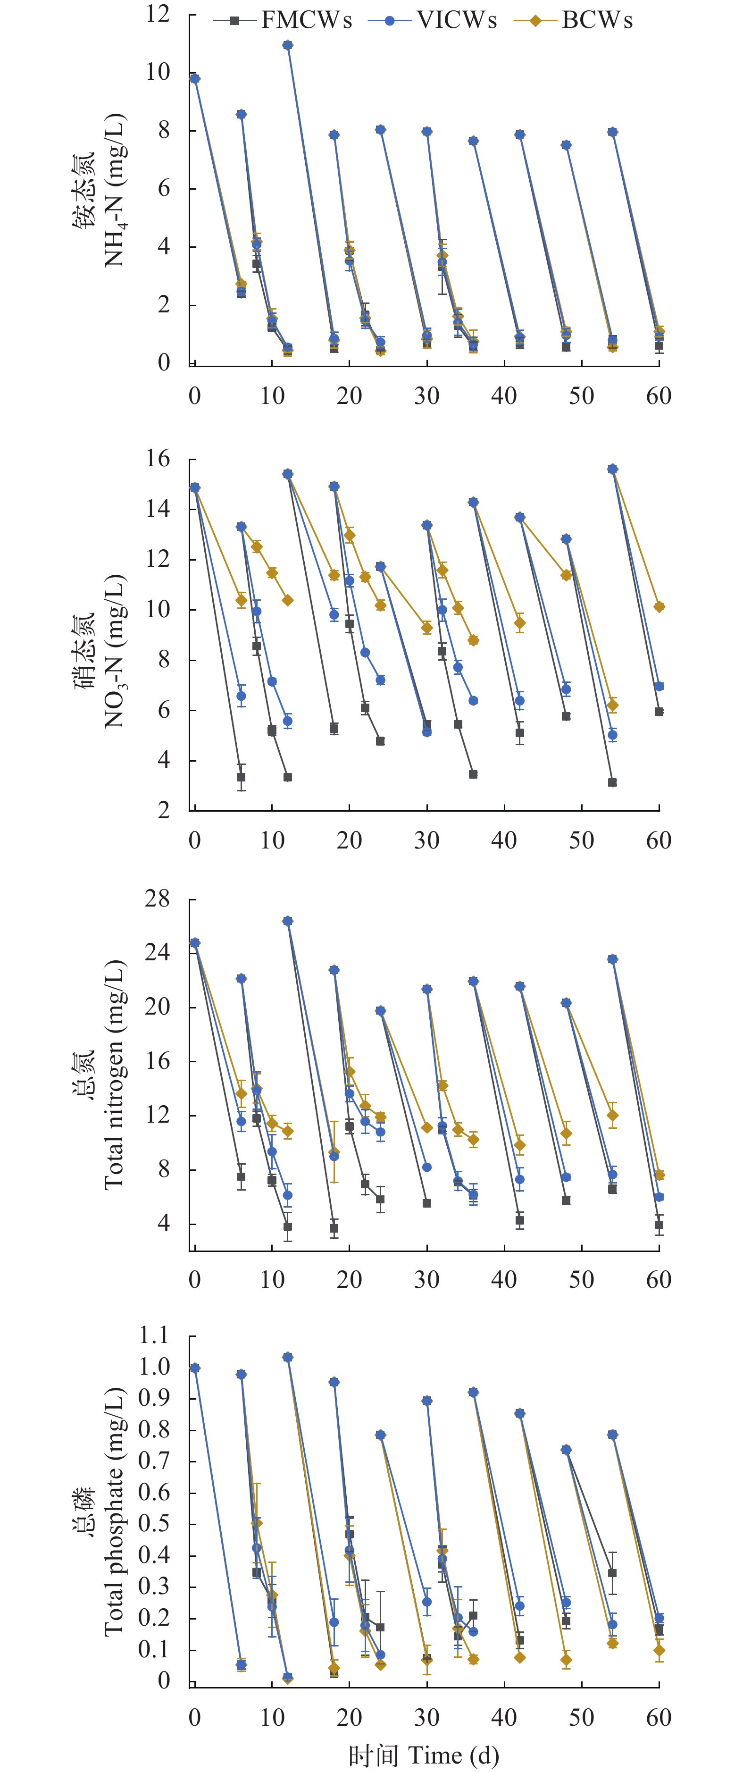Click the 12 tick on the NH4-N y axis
[x=158, y=13]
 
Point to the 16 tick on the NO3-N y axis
[x=158, y=459]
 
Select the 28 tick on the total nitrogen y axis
[x=158, y=899]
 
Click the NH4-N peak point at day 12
[x=288, y=45]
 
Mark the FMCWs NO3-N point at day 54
[x=612, y=782]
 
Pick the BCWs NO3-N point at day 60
[x=659, y=607]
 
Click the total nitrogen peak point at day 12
[x=288, y=920]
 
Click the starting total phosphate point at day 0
[x=195, y=1368]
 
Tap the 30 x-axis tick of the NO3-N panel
[x=426, y=840]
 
